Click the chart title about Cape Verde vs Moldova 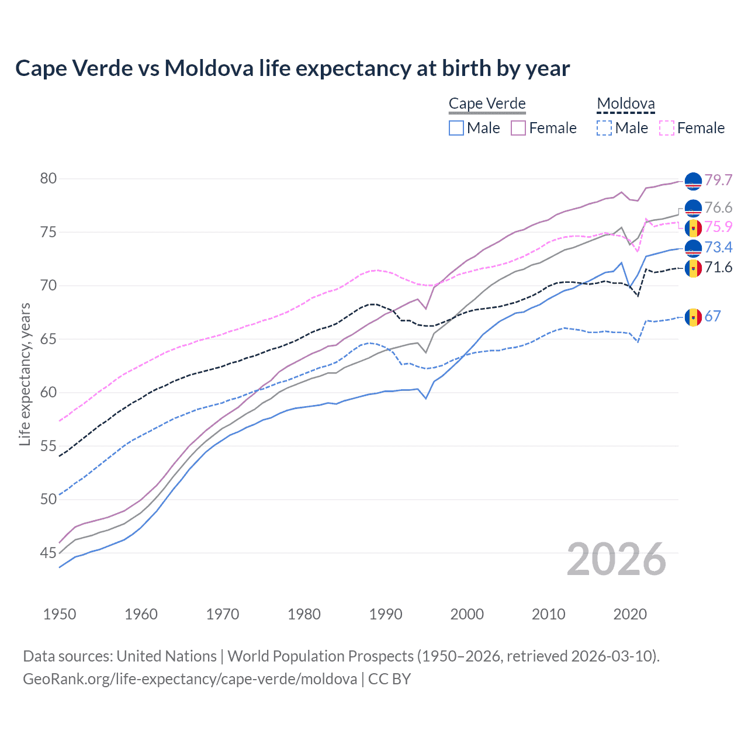click(x=292, y=68)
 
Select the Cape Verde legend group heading click(x=487, y=104)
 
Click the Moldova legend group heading click(x=625, y=104)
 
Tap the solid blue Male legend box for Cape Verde click(x=456, y=128)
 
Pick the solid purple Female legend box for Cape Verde click(x=519, y=128)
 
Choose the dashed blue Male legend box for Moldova click(x=604, y=128)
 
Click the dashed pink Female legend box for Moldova click(x=667, y=128)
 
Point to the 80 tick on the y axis click(x=49, y=178)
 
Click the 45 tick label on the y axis click(x=49, y=553)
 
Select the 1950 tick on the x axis click(x=60, y=614)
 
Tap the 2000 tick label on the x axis click(x=467, y=614)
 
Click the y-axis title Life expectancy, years click(x=25, y=374)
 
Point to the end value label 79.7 click(x=718, y=180)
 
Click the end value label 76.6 click(x=718, y=208)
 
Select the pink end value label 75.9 click(x=718, y=227)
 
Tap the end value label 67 click(x=712, y=317)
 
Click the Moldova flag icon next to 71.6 click(x=693, y=268)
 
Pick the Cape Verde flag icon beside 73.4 click(x=693, y=248)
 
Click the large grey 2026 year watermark click(x=617, y=559)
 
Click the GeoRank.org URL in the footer click(x=190, y=679)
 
